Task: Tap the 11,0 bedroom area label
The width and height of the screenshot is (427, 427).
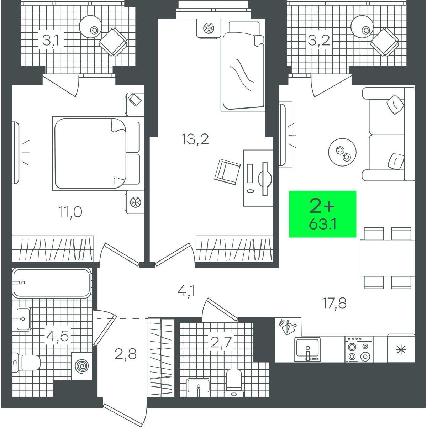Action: [70, 212]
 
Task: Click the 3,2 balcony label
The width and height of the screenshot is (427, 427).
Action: [319, 41]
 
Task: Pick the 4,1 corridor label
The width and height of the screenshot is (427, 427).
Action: [186, 292]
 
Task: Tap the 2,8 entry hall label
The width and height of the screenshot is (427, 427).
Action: [125, 354]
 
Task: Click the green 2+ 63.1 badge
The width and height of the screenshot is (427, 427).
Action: [322, 214]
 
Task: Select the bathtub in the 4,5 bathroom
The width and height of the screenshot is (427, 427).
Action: [52, 283]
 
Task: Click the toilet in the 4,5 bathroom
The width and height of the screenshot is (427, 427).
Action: [26, 363]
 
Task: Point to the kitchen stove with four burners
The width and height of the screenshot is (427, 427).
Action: [359, 349]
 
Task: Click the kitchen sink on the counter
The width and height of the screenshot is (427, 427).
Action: [307, 349]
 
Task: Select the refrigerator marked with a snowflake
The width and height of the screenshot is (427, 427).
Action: [401, 349]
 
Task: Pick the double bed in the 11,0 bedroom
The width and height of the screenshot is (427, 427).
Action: [96, 153]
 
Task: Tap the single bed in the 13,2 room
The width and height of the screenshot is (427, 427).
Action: [243, 65]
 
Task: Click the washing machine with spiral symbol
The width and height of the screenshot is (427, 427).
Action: [81, 366]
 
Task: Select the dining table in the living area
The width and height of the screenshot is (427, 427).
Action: [387, 258]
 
